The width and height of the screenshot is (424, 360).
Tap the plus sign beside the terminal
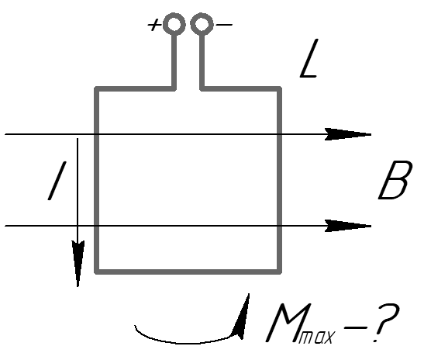(x=154, y=25)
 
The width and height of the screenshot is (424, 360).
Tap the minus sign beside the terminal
(x=224, y=25)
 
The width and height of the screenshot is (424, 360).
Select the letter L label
(x=309, y=58)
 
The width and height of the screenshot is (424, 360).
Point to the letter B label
(x=395, y=180)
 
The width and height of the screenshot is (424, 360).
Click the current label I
(x=57, y=181)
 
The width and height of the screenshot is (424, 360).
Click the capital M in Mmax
(x=287, y=323)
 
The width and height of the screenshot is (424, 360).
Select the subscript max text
(x=316, y=337)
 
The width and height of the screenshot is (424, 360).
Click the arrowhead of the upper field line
(x=347, y=134)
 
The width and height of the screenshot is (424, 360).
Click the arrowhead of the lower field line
(x=347, y=226)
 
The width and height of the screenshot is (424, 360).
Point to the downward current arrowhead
(x=78, y=263)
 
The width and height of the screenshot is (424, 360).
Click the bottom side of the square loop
(x=188, y=272)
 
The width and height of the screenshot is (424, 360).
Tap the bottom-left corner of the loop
(x=97, y=272)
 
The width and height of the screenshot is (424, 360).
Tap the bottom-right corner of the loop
(x=280, y=272)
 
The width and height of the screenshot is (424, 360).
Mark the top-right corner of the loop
(x=280, y=88)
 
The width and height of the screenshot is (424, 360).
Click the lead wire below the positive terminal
(x=174, y=62)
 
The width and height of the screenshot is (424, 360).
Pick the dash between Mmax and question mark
(x=355, y=327)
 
